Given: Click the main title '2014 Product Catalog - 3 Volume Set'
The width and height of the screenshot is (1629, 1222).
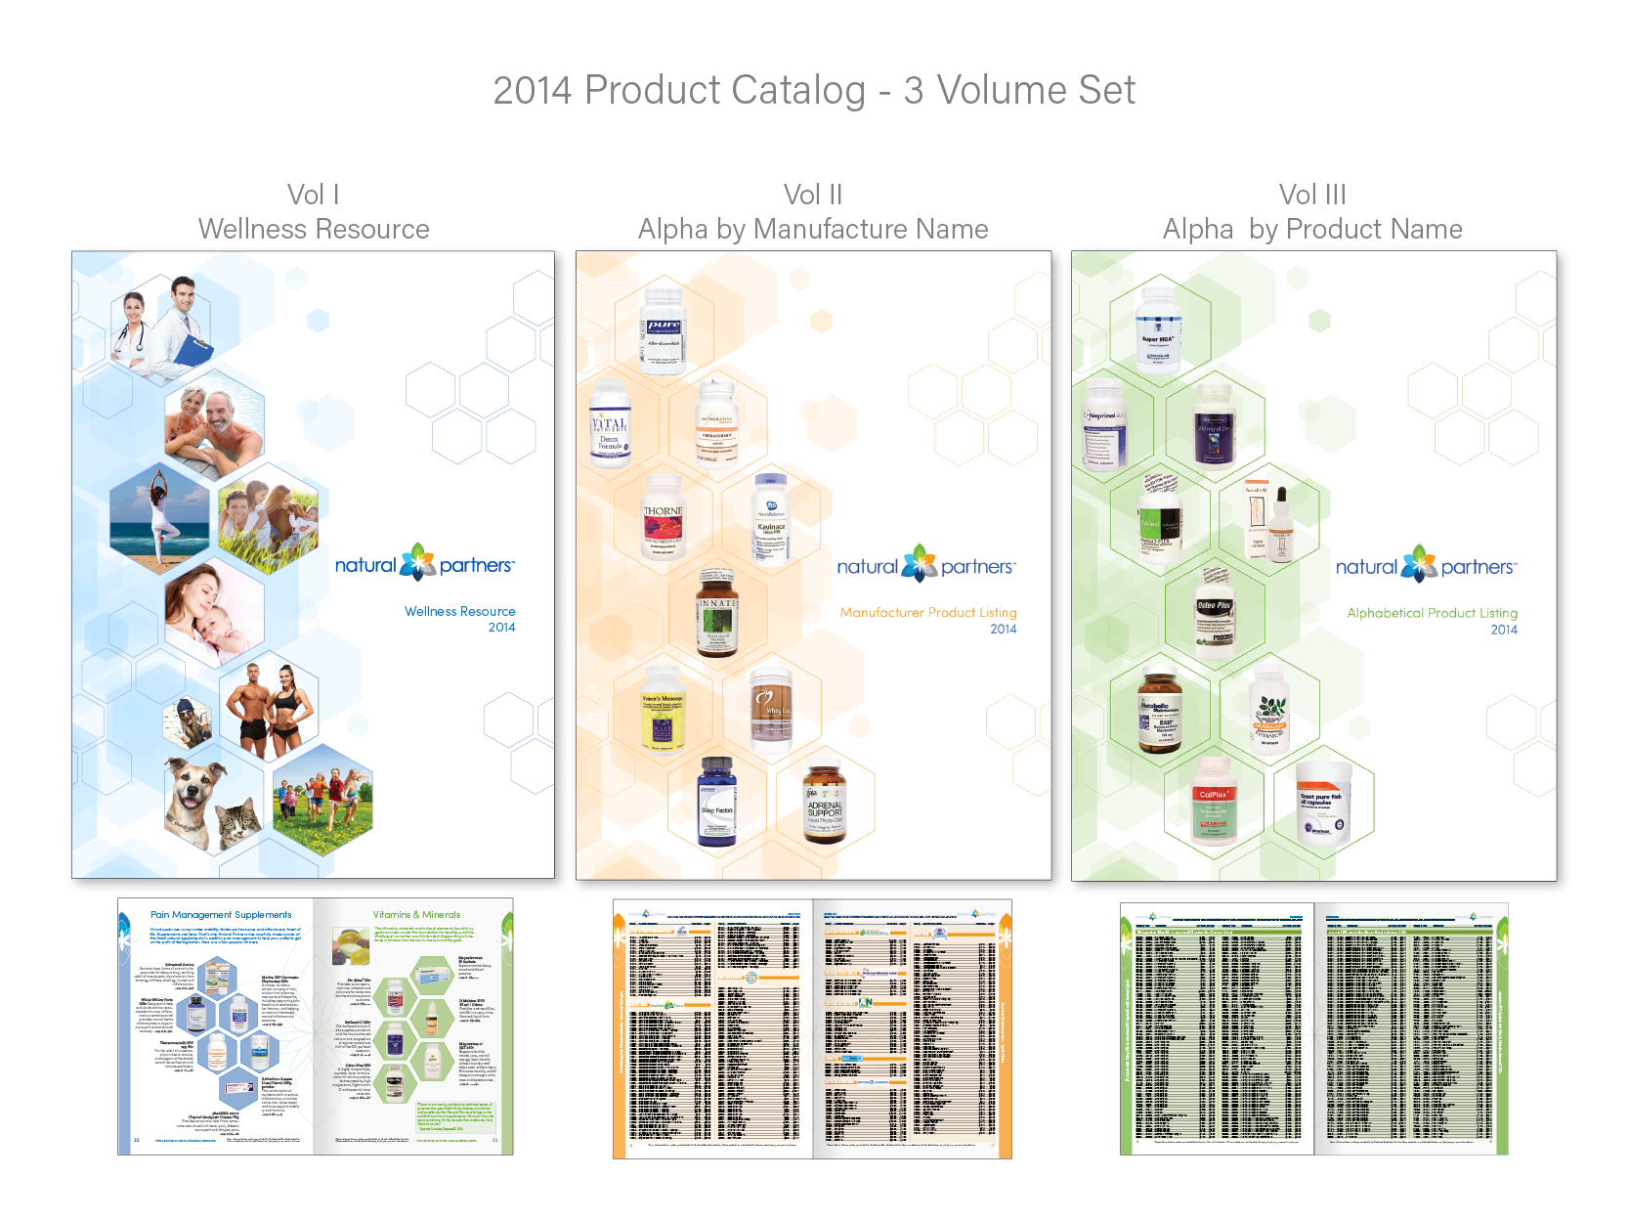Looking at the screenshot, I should pos(814,91).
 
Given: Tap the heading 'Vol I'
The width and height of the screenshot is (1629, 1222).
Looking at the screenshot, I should pos(313,195).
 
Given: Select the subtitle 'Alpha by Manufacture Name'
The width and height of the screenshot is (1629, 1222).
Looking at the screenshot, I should pos(813,230).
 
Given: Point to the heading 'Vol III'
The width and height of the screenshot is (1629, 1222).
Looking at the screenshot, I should pos(1312,195).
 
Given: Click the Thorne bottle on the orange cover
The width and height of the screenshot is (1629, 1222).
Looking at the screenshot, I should pos(663,516).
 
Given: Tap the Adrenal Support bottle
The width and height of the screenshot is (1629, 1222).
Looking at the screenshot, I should pos(825,805).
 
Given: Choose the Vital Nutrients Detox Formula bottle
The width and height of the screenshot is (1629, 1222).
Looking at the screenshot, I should pos(610,424).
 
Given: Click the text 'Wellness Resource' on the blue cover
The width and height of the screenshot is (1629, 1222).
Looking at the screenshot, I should pos(459,611).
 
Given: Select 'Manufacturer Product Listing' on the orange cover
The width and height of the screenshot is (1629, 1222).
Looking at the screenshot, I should pos(927,612).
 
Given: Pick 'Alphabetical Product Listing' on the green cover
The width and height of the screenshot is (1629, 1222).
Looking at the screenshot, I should pos(1432,613).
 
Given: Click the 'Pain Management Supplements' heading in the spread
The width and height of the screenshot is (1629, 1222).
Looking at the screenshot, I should pos(221,915).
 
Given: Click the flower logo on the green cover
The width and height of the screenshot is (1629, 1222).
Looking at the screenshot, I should pos(1419,565).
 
